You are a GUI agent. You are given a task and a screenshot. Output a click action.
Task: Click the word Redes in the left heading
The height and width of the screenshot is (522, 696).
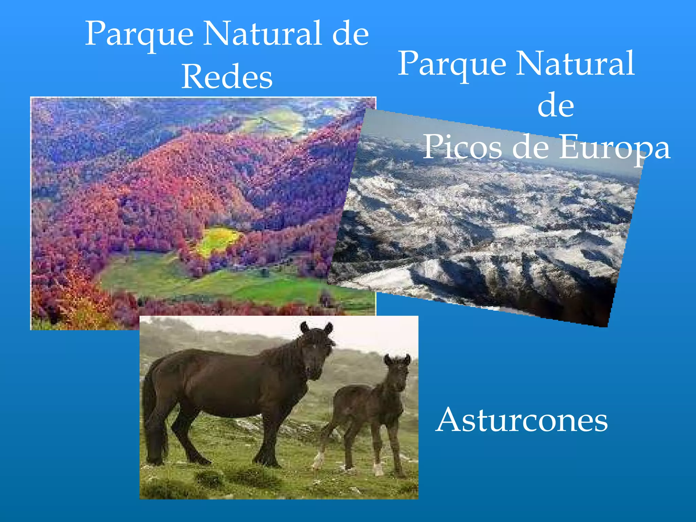click(227, 77)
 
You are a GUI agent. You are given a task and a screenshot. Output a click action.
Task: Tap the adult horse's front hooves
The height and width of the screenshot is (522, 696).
click(268, 460)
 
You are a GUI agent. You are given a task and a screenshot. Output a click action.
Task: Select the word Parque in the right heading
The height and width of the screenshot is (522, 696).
click(452, 65)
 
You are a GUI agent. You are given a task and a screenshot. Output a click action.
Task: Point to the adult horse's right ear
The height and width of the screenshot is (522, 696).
click(328, 328)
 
